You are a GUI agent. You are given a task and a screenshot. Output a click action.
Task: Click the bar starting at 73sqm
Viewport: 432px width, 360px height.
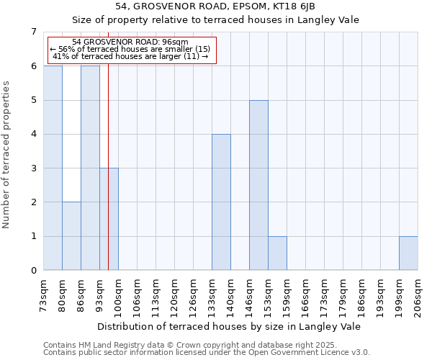(53, 168)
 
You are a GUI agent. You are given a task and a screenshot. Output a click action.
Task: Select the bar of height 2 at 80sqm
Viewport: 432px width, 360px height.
(71, 236)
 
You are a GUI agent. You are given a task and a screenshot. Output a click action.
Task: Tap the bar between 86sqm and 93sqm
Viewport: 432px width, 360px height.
(90, 168)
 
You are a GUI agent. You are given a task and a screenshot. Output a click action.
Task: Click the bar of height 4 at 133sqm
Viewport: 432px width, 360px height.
(221, 202)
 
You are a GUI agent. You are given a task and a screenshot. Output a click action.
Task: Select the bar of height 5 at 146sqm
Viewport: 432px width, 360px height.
(258, 185)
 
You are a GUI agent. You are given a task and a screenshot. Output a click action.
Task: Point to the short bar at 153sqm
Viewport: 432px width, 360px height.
(277, 253)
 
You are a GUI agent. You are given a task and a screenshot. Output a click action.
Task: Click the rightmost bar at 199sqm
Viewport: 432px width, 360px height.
(408, 253)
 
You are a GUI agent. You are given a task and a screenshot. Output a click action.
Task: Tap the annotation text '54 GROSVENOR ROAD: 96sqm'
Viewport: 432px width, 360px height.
(130, 42)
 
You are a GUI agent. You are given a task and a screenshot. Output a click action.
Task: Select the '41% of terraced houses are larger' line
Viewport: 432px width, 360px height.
(130, 56)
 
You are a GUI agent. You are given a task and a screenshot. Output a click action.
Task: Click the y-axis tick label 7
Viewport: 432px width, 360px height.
(33, 32)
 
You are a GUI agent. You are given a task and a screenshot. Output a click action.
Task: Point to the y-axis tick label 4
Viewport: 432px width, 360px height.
(33, 134)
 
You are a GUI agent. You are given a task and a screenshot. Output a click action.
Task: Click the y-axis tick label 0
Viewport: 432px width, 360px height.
(33, 271)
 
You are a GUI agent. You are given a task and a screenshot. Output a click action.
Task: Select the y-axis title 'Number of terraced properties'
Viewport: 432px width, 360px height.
(7, 154)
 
